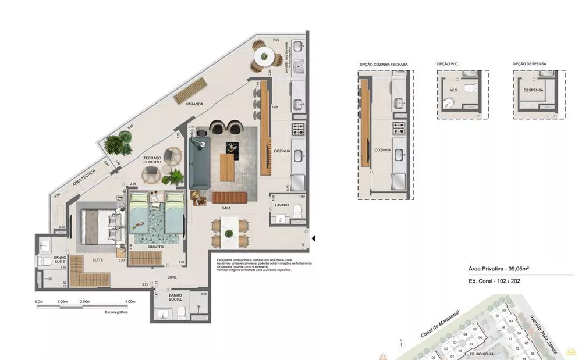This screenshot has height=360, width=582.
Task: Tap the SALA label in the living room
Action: coord(226,207)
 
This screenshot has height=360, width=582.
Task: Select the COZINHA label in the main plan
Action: coord(282,151)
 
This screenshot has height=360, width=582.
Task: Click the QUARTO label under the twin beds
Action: coord(155,247)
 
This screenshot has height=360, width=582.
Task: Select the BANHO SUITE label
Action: coord(60,260)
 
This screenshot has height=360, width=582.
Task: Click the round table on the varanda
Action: coord(265,56)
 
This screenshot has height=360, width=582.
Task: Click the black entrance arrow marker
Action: coord(313,238)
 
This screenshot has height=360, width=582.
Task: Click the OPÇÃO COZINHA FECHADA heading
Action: coord(383,64)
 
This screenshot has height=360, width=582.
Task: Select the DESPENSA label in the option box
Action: coord(533,91)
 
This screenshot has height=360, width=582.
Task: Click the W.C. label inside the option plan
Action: coord(455,90)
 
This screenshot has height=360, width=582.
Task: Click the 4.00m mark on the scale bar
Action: coord(130,302)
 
